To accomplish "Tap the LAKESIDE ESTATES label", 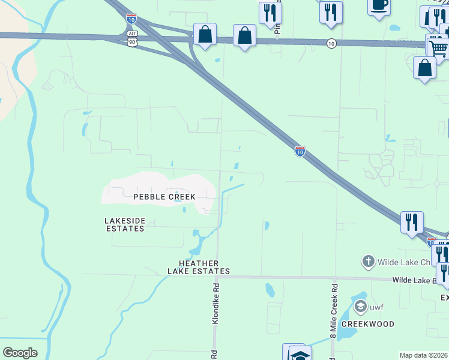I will (125, 224).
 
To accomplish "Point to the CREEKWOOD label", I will (368, 324).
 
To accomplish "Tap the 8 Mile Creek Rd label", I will (334, 310).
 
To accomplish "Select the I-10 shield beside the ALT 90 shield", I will (131, 19).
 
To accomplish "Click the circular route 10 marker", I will (331, 43).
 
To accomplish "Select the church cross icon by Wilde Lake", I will (368, 262).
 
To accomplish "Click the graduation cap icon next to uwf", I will (360, 307).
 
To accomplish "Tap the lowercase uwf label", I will (376, 308).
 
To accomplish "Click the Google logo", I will (20, 352).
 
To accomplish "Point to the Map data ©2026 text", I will (424, 355).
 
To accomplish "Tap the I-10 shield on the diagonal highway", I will (299, 151).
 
